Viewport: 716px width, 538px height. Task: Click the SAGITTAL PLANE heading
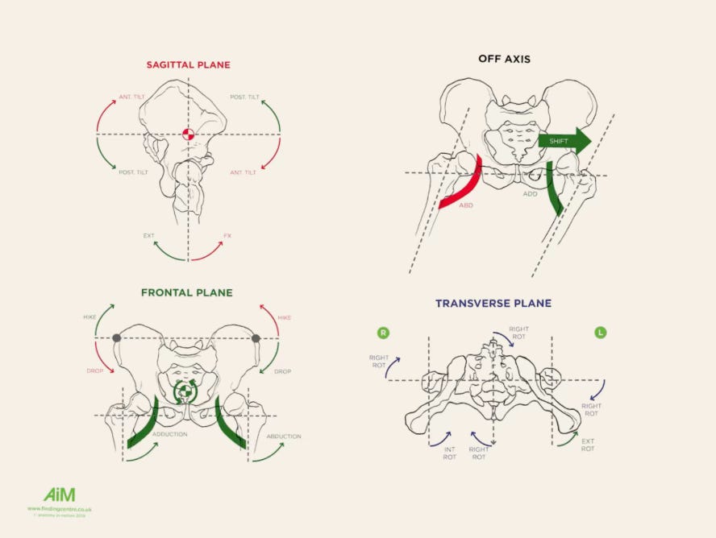tap(189, 64)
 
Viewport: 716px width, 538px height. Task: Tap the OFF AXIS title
tap(504, 59)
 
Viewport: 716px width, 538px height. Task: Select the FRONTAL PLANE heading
tap(186, 292)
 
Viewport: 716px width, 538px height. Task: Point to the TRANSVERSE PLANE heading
tap(493, 304)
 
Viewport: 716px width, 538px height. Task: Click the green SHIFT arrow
tap(564, 141)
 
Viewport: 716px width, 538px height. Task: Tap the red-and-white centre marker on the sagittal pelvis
tap(189, 134)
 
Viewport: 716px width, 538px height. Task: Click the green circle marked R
tap(383, 332)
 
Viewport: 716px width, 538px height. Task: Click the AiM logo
tap(59, 495)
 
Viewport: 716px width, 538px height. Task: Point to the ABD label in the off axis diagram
tap(465, 206)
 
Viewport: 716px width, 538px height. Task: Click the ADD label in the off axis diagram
tap(531, 194)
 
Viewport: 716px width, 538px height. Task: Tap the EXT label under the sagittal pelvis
tap(149, 236)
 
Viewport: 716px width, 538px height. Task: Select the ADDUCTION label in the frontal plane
tap(169, 434)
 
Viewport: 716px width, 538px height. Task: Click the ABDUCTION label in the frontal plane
tap(283, 437)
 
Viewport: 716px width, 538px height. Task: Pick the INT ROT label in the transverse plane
tap(449, 453)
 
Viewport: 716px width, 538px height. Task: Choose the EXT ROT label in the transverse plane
tap(588, 445)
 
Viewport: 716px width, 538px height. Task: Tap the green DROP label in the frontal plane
tap(282, 371)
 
